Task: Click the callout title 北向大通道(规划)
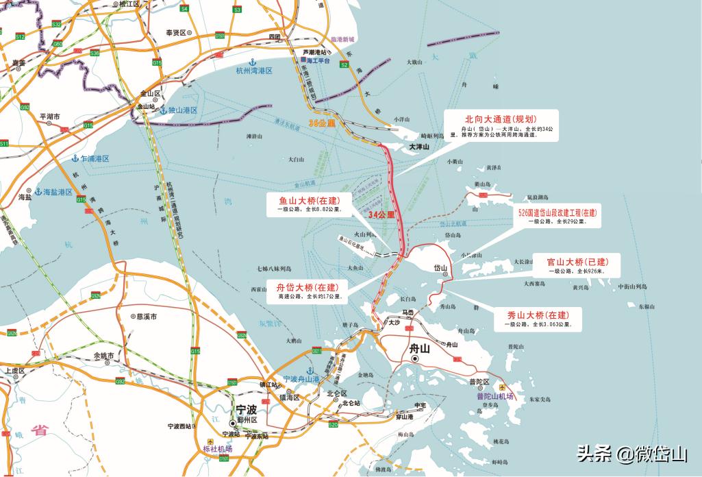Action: [501, 119]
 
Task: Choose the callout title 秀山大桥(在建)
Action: [538, 315]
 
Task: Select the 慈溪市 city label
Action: [145, 317]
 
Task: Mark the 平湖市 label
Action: [50, 117]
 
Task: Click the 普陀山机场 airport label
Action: [495, 395]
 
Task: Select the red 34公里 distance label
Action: [381, 215]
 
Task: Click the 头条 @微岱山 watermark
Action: [631, 454]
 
